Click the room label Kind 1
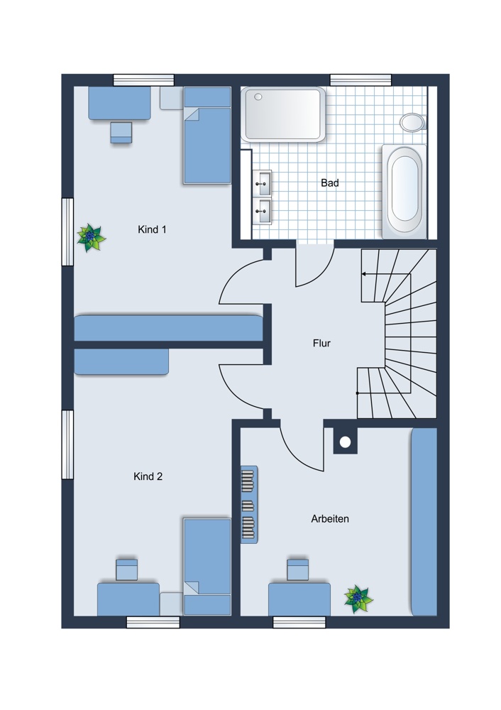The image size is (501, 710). (152, 229)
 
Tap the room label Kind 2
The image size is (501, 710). (148, 476)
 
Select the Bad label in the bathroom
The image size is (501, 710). (330, 183)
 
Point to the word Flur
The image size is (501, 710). (321, 343)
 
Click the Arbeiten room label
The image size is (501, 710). (330, 519)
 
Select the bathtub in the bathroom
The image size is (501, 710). (404, 192)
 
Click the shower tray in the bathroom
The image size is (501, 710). (284, 114)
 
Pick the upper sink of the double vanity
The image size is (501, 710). (262, 183)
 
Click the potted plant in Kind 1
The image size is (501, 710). (91, 237)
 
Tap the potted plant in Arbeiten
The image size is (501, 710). (358, 599)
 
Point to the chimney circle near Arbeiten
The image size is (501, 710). (346, 442)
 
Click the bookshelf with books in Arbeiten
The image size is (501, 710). (249, 504)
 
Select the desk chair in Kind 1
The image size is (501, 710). (121, 132)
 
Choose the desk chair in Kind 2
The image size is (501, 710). (127, 570)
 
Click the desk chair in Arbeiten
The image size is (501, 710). (298, 570)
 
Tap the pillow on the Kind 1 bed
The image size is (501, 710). (207, 97)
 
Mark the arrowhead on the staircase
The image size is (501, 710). (363, 273)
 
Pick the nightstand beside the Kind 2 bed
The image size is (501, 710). (172, 604)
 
